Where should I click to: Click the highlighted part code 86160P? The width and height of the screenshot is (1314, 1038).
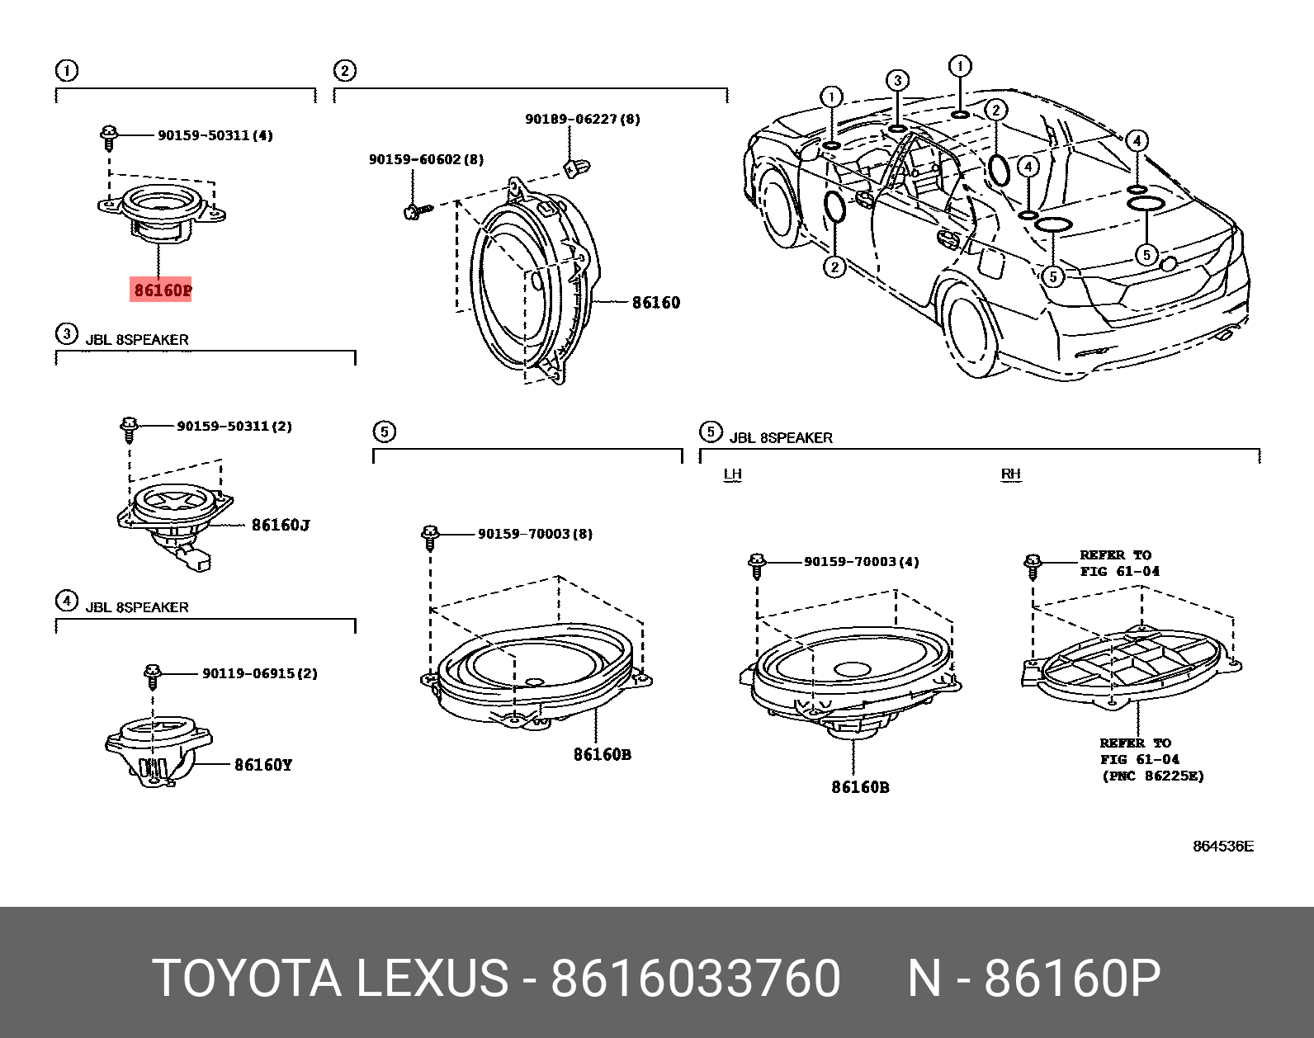(x=162, y=290)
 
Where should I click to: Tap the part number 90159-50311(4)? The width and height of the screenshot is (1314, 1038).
(x=215, y=135)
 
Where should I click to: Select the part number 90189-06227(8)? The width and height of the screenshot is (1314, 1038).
(x=582, y=119)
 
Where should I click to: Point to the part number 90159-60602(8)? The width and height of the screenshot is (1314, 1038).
(x=426, y=159)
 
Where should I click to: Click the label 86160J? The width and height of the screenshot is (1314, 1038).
(x=281, y=525)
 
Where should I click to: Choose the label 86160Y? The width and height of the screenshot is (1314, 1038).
(x=263, y=765)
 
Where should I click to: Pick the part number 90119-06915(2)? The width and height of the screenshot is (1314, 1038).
(x=259, y=673)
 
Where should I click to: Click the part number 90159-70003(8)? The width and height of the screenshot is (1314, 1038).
(x=535, y=534)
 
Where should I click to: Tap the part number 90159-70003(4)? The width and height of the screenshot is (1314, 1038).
(x=861, y=562)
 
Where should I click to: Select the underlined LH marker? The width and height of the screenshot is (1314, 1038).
(x=732, y=474)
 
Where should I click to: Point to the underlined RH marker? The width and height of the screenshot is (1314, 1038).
(x=1010, y=474)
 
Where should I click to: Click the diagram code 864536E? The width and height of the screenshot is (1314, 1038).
(x=1222, y=846)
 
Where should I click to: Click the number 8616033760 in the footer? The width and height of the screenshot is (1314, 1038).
(x=695, y=979)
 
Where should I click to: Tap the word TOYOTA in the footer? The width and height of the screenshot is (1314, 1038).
(x=246, y=979)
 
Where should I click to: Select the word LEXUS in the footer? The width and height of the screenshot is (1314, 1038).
(x=432, y=979)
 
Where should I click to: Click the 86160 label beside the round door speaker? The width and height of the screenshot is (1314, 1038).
(x=656, y=303)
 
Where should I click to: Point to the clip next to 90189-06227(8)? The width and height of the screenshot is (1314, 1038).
(x=576, y=167)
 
